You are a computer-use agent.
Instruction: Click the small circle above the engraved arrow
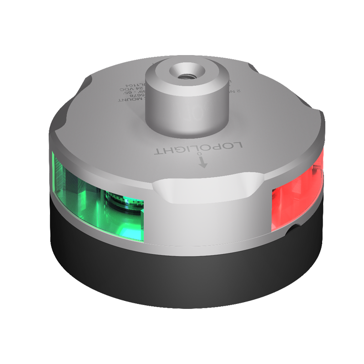(x=202, y=155)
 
